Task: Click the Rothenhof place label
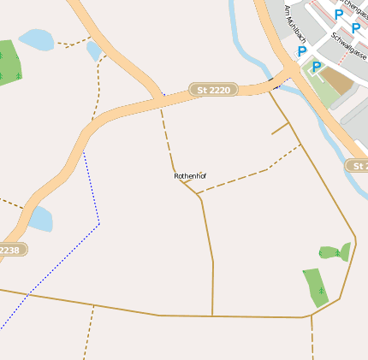(x=190, y=176)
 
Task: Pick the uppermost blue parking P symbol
(x=339, y=14)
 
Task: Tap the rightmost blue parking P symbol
(x=356, y=27)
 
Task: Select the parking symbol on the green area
(x=317, y=66)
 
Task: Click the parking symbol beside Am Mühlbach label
(x=302, y=51)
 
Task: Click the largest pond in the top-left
(x=36, y=39)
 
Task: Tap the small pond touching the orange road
(x=93, y=51)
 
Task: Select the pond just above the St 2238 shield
(x=40, y=220)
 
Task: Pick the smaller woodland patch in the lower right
(x=335, y=252)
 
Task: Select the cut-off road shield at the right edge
(x=358, y=164)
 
